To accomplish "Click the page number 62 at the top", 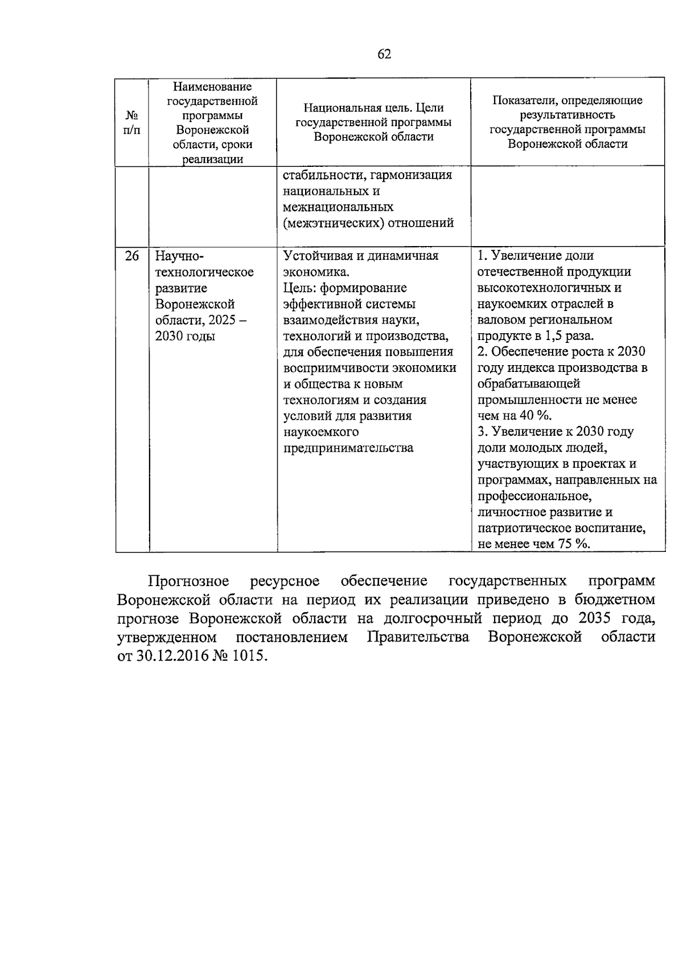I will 384,54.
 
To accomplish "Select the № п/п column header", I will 131,122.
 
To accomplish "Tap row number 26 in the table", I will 131,256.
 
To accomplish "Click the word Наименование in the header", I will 212,87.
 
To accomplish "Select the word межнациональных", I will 338,207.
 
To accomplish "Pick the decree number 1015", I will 249,656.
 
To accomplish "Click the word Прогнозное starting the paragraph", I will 188,581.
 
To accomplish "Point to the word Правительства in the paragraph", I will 418,637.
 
